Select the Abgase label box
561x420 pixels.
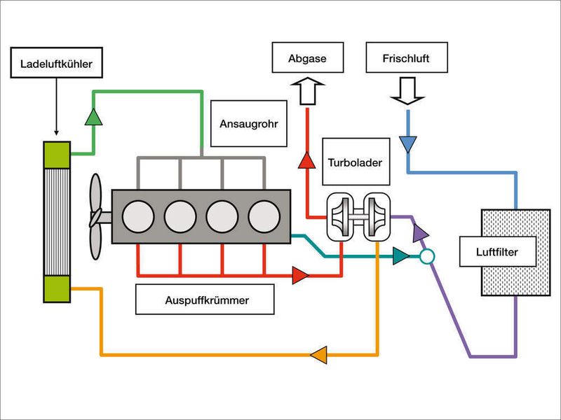[x=307, y=59]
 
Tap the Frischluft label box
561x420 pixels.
[x=407, y=59]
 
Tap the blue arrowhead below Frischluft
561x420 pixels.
[x=407, y=144]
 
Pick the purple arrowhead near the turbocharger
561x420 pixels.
[x=419, y=230]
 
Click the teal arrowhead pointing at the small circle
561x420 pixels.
[x=400, y=256]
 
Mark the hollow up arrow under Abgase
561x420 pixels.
[x=307, y=92]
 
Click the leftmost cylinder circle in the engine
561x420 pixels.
[x=138, y=216]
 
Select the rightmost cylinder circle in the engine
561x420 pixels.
[x=264, y=216]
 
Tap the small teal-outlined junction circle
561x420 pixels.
[x=426, y=257]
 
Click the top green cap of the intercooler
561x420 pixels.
[x=56, y=153]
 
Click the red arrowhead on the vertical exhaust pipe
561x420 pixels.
[x=306, y=161]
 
